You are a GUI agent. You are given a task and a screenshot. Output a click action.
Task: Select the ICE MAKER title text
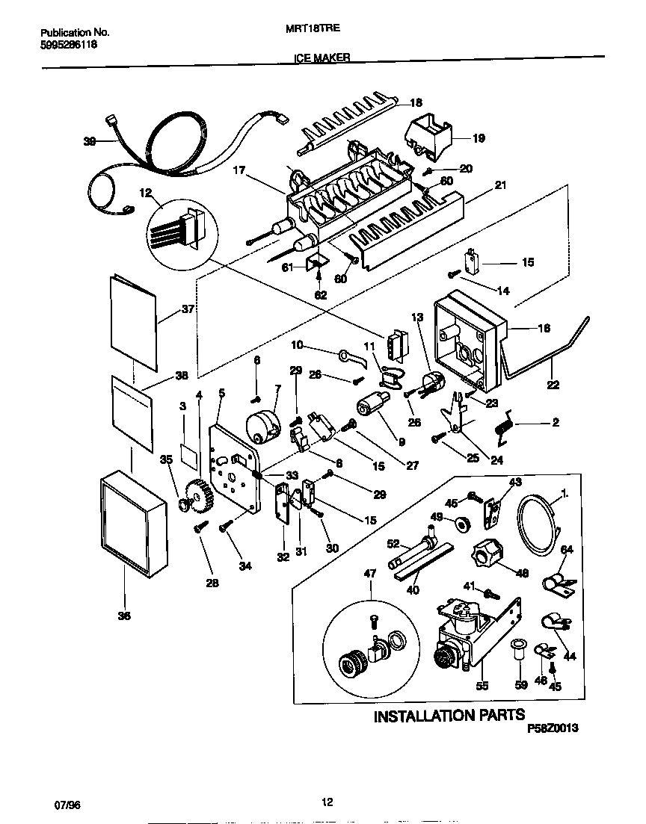click(321, 57)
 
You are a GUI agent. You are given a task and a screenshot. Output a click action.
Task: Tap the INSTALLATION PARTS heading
click(449, 716)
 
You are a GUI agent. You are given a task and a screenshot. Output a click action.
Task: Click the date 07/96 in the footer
click(67, 804)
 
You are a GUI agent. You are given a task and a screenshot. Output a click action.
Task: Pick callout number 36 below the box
click(123, 616)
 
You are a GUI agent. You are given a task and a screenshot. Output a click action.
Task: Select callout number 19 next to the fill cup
click(479, 137)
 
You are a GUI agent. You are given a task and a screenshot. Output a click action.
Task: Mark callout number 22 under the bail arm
click(553, 385)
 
